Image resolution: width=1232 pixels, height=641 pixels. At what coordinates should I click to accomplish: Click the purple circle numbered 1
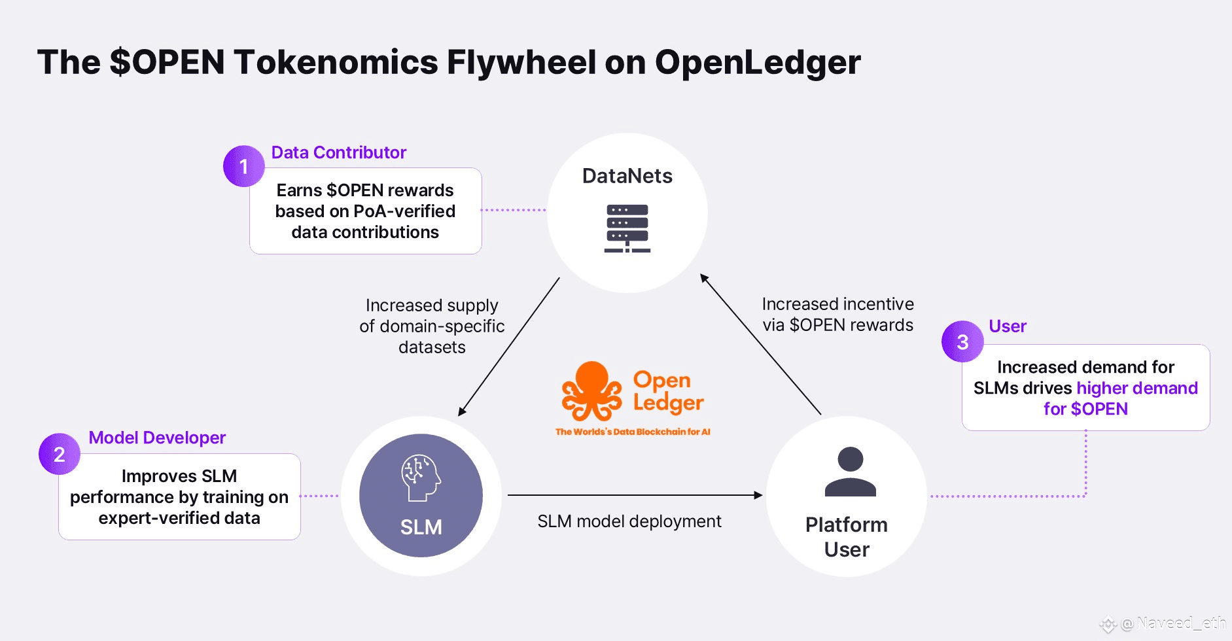pyautogui.click(x=243, y=166)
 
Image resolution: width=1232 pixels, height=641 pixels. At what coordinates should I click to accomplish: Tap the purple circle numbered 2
pyautogui.click(x=60, y=454)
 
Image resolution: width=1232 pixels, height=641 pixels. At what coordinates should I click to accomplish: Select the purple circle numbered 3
pyautogui.click(x=962, y=341)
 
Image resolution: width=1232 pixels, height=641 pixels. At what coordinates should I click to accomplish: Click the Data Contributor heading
pyautogui.click(x=338, y=152)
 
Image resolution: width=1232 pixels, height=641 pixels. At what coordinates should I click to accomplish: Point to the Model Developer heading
pyautogui.click(x=157, y=438)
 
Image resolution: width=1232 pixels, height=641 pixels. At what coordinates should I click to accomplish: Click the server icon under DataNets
pyautogui.click(x=627, y=228)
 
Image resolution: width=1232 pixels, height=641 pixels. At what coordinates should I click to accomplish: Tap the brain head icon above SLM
pyautogui.click(x=421, y=478)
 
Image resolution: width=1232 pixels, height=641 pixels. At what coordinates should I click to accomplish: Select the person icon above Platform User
pyautogui.click(x=850, y=472)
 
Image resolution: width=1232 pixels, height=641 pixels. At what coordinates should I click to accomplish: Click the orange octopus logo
pyautogui.click(x=591, y=391)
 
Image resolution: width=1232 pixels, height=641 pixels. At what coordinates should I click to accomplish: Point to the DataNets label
pyautogui.click(x=627, y=176)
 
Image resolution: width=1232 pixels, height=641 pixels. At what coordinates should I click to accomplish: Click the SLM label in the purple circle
pyautogui.click(x=421, y=527)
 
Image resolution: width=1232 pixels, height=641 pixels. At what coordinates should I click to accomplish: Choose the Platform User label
pyautogui.click(x=847, y=537)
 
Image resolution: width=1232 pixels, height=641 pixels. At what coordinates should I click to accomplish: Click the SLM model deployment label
pyautogui.click(x=629, y=521)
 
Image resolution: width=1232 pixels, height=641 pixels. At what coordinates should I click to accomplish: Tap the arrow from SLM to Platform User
pyautogui.click(x=635, y=495)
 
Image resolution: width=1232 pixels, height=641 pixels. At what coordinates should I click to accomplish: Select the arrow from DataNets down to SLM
pyautogui.click(x=509, y=347)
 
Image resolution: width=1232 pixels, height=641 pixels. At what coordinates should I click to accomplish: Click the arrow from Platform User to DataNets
pyautogui.click(x=760, y=344)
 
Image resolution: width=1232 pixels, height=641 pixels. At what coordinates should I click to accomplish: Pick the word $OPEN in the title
pyautogui.click(x=167, y=62)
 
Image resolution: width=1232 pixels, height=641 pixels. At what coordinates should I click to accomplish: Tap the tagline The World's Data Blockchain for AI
pyautogui.click(x=633, y=432)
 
